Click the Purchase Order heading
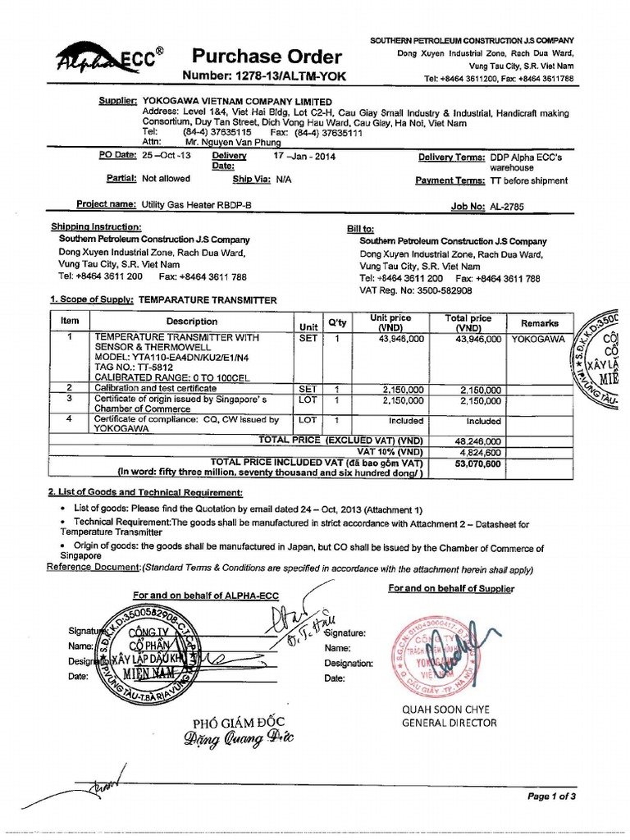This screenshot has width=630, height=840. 266,57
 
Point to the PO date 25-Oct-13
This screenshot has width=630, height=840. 166,155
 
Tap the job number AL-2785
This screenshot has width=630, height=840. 514,207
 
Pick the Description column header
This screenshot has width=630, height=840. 193,322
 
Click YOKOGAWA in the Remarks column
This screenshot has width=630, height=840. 538,338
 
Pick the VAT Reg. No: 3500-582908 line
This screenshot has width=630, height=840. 415,290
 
